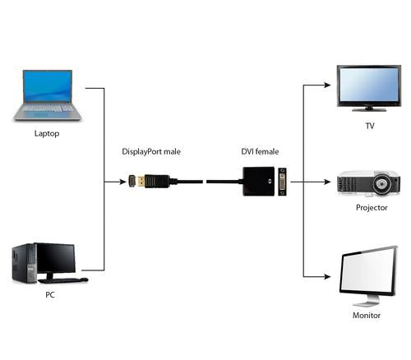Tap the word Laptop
[x=47, y=133]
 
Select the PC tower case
[x=25, y=265]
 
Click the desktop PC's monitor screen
[x=55, y=257]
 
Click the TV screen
[x=369, y=83]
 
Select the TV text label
[x=369, y=127]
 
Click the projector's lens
[x=384, y=186]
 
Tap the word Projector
[x=372, y=208]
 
